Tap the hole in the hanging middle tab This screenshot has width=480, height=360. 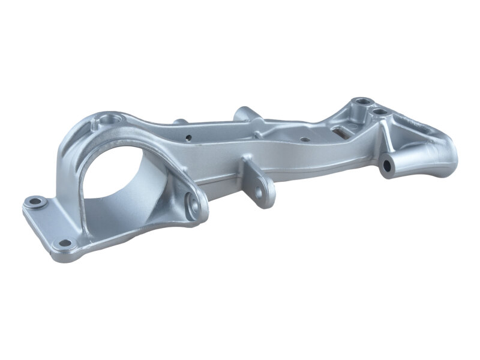pyautogui.click(x=260, y=191)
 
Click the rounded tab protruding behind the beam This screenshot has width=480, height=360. pyautogui.click(x=244, y=113)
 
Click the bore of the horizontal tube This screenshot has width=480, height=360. pyautogui.click(x=388, y=164)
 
